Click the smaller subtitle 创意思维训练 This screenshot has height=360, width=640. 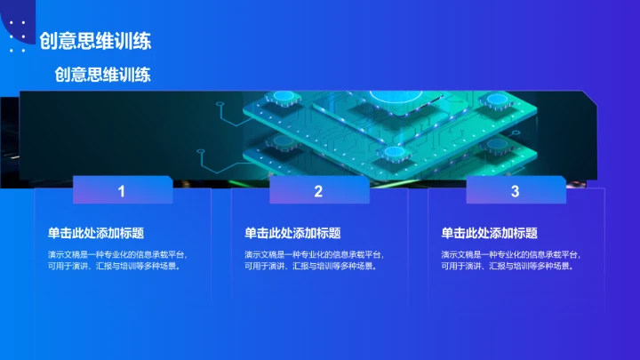pos(102,75)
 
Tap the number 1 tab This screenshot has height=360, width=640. pos(122,191)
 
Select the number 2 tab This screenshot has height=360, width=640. pos(318,191)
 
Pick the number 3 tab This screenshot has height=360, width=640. pos(515,191)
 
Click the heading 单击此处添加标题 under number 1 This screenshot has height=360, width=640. pos(96,233)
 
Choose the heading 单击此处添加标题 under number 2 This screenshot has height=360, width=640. pos(292,233)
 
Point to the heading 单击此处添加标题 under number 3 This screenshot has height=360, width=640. pos(489,233)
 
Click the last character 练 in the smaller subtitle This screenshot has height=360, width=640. pos(142,75)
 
